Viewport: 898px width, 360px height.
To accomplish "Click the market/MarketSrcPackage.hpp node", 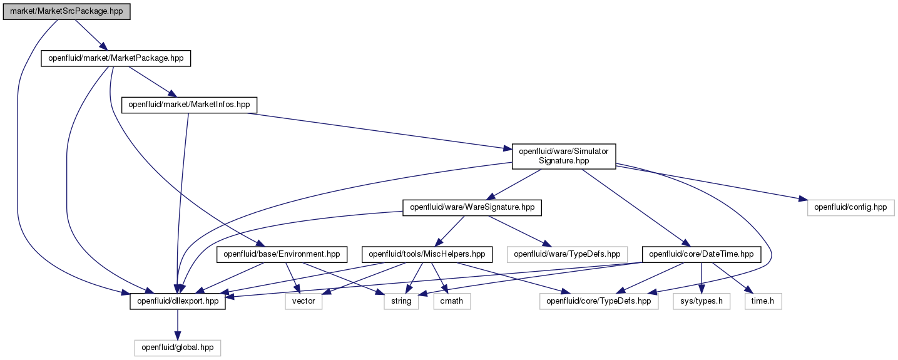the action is [66, 12].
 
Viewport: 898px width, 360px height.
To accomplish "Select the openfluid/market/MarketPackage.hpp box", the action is [116, 58].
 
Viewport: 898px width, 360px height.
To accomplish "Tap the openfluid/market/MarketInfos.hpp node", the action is [189, 105].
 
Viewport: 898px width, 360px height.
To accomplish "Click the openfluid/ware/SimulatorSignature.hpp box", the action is [564, 157].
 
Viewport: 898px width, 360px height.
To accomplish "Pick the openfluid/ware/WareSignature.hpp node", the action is [472, 208].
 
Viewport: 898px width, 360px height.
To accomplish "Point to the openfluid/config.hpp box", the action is [850, 208].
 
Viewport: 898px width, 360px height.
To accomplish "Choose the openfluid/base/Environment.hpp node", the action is [282, 255].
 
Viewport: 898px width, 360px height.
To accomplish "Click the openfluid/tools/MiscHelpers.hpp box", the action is [427, 255].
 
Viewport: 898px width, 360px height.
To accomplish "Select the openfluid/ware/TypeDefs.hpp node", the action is [567, 255].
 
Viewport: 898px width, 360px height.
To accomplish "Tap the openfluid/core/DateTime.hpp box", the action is [702, 255].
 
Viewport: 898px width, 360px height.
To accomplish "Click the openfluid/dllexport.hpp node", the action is [178, 302].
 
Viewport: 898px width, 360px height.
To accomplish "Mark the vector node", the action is [304, 302].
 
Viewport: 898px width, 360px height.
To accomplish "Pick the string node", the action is [401, 302].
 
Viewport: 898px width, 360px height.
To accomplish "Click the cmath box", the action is [452, 302].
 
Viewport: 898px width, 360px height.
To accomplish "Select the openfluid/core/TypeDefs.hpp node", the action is [599, 302].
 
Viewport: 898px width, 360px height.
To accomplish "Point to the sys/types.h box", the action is [702, 302].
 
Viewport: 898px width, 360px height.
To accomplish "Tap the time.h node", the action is [763, 302].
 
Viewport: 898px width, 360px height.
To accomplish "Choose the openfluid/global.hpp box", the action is [178, 348].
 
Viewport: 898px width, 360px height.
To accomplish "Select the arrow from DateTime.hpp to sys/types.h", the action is [702, 278].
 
